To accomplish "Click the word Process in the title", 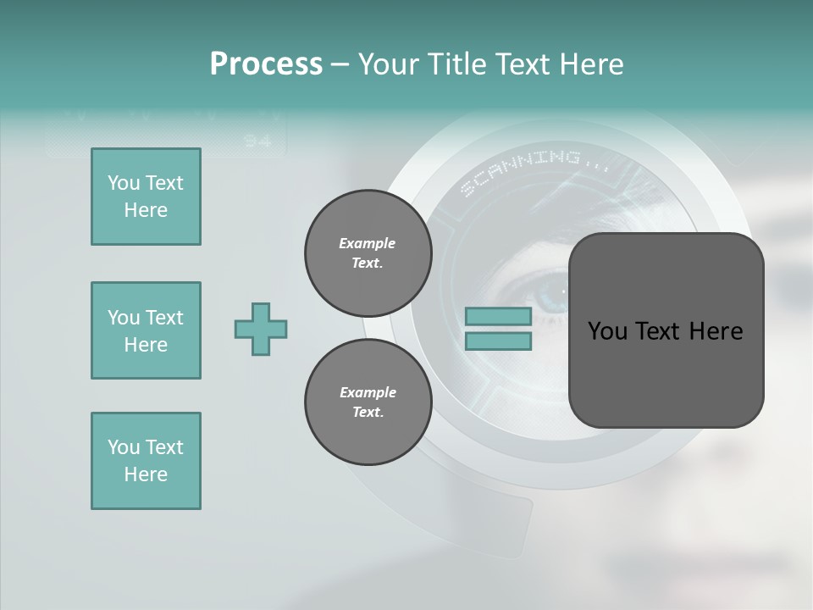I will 266,64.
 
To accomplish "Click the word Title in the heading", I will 454,64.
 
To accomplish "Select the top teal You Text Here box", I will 146,197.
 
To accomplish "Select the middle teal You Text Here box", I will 146,330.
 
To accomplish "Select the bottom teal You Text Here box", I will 146,461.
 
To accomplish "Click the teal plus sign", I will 261,329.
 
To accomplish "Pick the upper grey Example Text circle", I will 368,252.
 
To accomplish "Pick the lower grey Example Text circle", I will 368,402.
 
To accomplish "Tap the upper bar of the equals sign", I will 498,317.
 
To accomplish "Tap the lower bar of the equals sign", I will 498,341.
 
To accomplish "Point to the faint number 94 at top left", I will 257,141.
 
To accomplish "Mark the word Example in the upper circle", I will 368,243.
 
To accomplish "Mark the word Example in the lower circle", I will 368,392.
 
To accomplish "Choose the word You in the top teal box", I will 124,183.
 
